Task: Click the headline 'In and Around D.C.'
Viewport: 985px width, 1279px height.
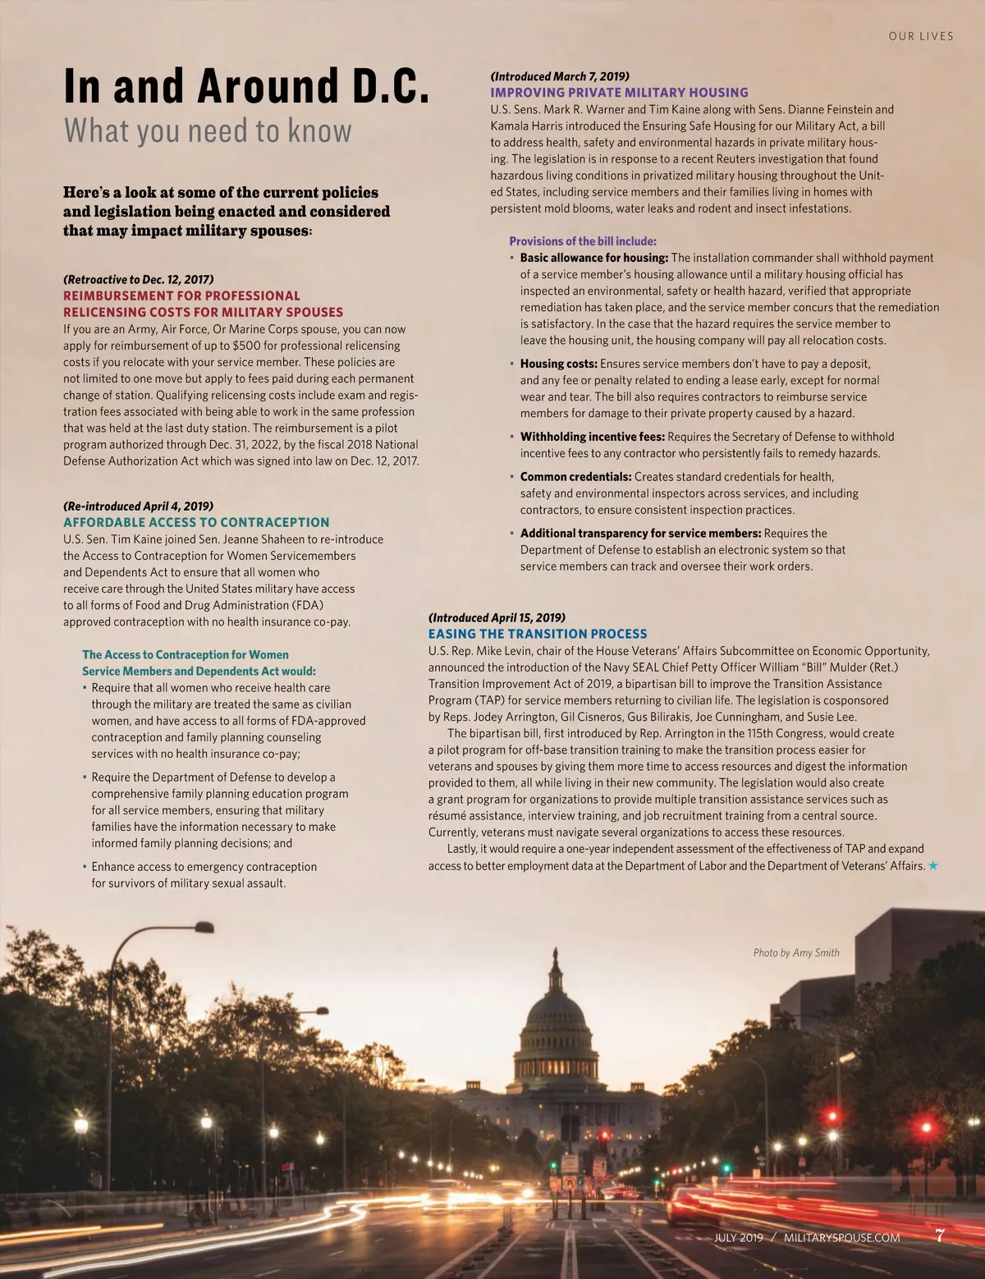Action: pyautogui.click(x=246, y=86)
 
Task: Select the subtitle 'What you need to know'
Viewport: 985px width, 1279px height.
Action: pyautogui.click(x=208, y=131)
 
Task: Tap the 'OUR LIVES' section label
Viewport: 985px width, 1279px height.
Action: pyautogui.click(x=920, y=36)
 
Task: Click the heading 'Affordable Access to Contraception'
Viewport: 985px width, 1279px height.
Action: pyautogui.click(x=196, y=522)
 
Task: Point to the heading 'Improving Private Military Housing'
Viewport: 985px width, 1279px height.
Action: pyautogui.click(x=619, y=93)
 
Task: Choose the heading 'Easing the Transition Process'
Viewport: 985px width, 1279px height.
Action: pyautogui.click(x=538, y=634)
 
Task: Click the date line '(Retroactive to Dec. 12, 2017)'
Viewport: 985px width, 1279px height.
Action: pyautogui.click(x=138, y=279)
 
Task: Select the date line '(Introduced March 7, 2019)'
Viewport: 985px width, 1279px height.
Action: pyautogui.click(x=560, y=76)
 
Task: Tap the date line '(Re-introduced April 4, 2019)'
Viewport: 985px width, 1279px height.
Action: pyautogui.click(x=138, y=506)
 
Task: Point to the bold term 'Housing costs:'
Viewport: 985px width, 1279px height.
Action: pyautogui.click(x=558, y=364)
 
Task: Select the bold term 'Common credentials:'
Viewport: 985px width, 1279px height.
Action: pyautogui.click(x=575, y=477)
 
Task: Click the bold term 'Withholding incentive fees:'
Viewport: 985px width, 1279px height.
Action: pyautogui.click(x=593, y=437)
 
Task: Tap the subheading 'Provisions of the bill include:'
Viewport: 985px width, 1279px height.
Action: pyautogui.click(x=583, y=241)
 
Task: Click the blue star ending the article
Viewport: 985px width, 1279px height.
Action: pyautogui.click(x=933, y=865)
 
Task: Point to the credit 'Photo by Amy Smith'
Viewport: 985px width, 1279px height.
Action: pyautogui.click(x=796, y=952)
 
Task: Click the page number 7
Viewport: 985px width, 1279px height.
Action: pyautogui.click(x=940, y=1235)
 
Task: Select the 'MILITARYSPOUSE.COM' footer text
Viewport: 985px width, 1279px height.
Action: pyautogui.click(x=841, y=1237)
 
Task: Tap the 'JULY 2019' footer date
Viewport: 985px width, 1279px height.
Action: pyautogui.click(x=738, y=1237)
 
